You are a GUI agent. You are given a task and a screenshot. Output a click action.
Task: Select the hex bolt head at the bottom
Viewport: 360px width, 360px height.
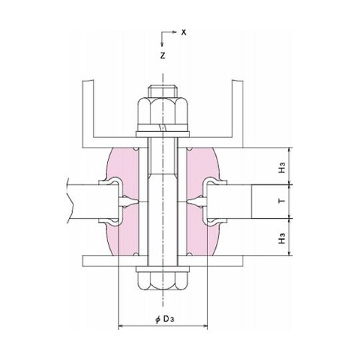(x=163, y=282)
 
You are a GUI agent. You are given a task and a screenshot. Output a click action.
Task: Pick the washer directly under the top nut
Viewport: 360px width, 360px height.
(x=163, y=132)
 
